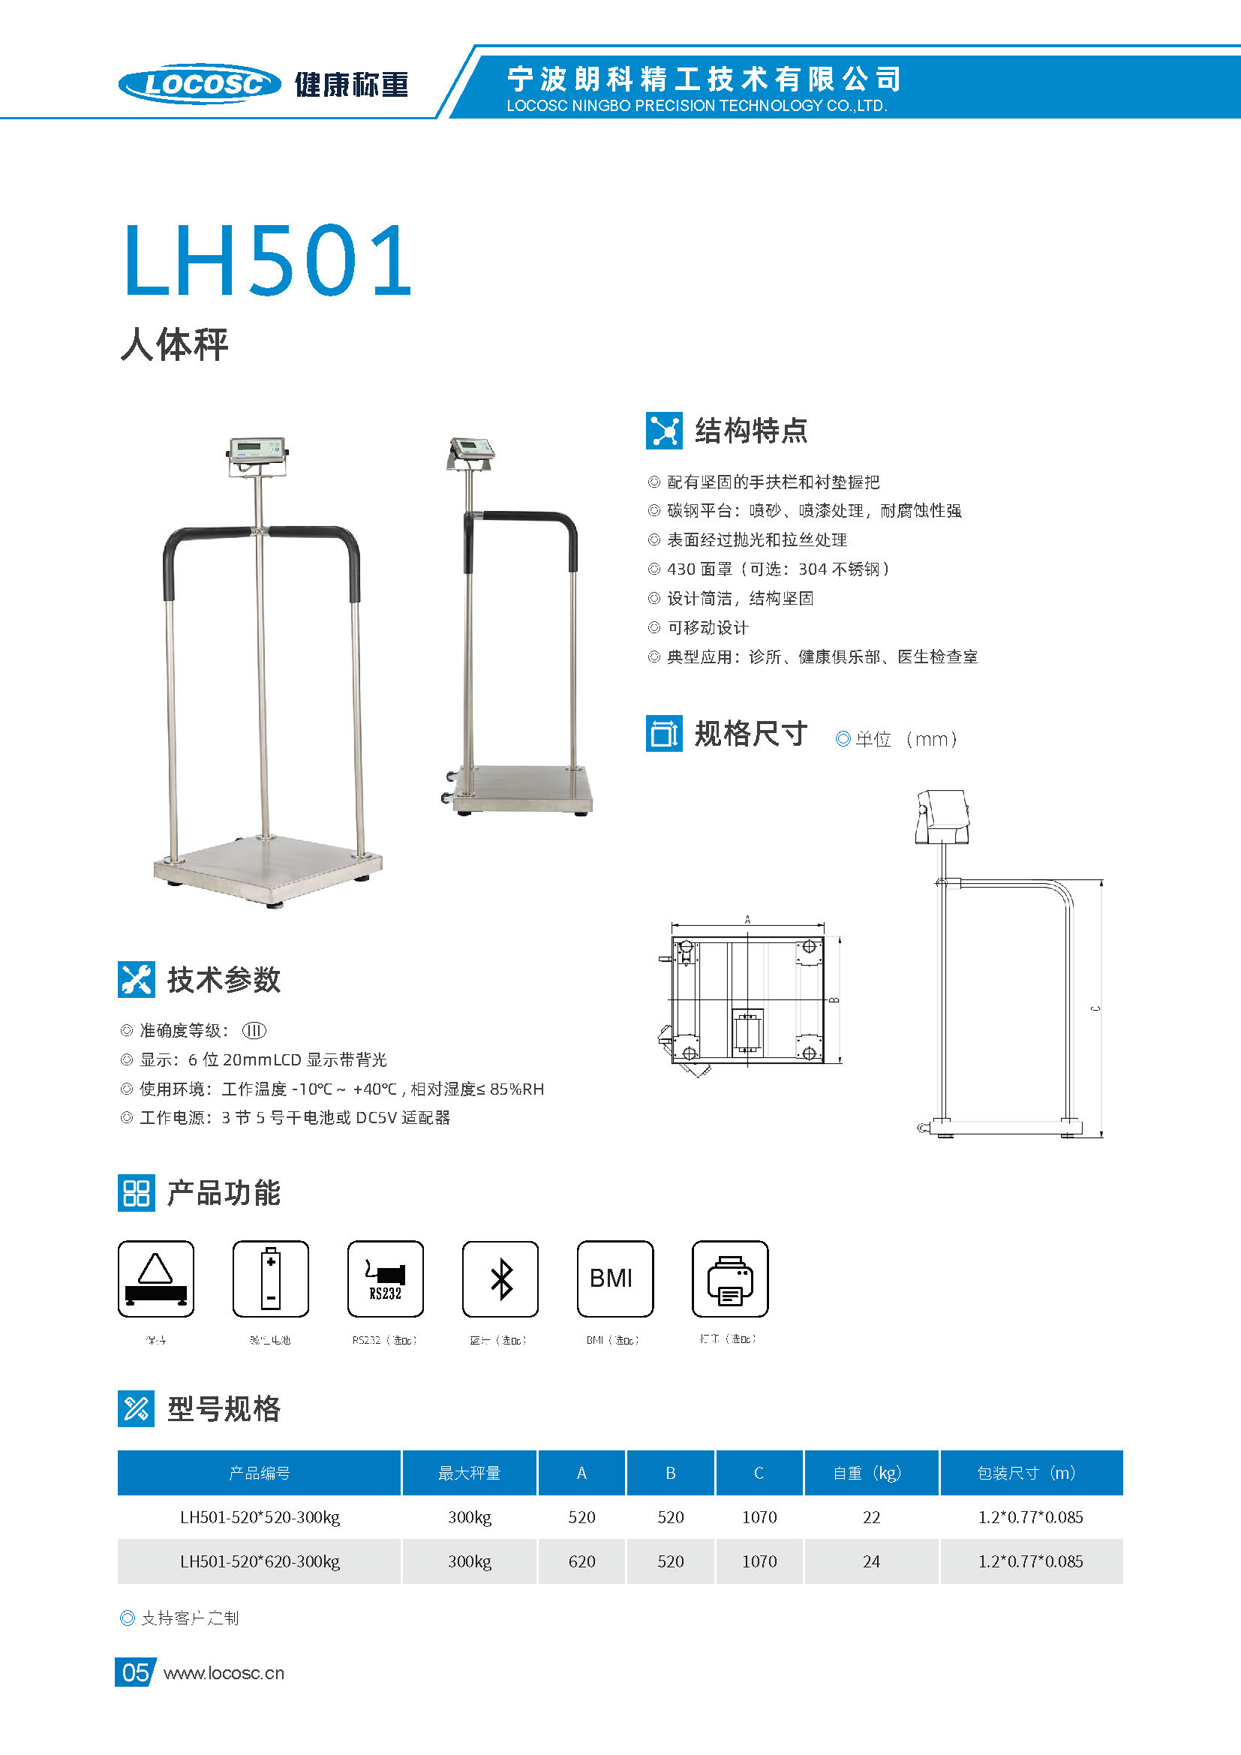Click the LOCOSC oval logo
200,83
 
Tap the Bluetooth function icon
500,1279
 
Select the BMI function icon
615,1279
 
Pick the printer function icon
730,1279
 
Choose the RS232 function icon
385,1279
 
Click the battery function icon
271,1279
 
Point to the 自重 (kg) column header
870,1473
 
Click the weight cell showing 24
871,1561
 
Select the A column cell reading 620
581,1561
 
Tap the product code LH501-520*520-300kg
260,1517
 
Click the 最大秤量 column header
469,1473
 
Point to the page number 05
135,1673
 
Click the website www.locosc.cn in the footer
224,1673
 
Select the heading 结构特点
750,431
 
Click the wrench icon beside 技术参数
137,979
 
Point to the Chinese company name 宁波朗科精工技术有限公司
704,79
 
